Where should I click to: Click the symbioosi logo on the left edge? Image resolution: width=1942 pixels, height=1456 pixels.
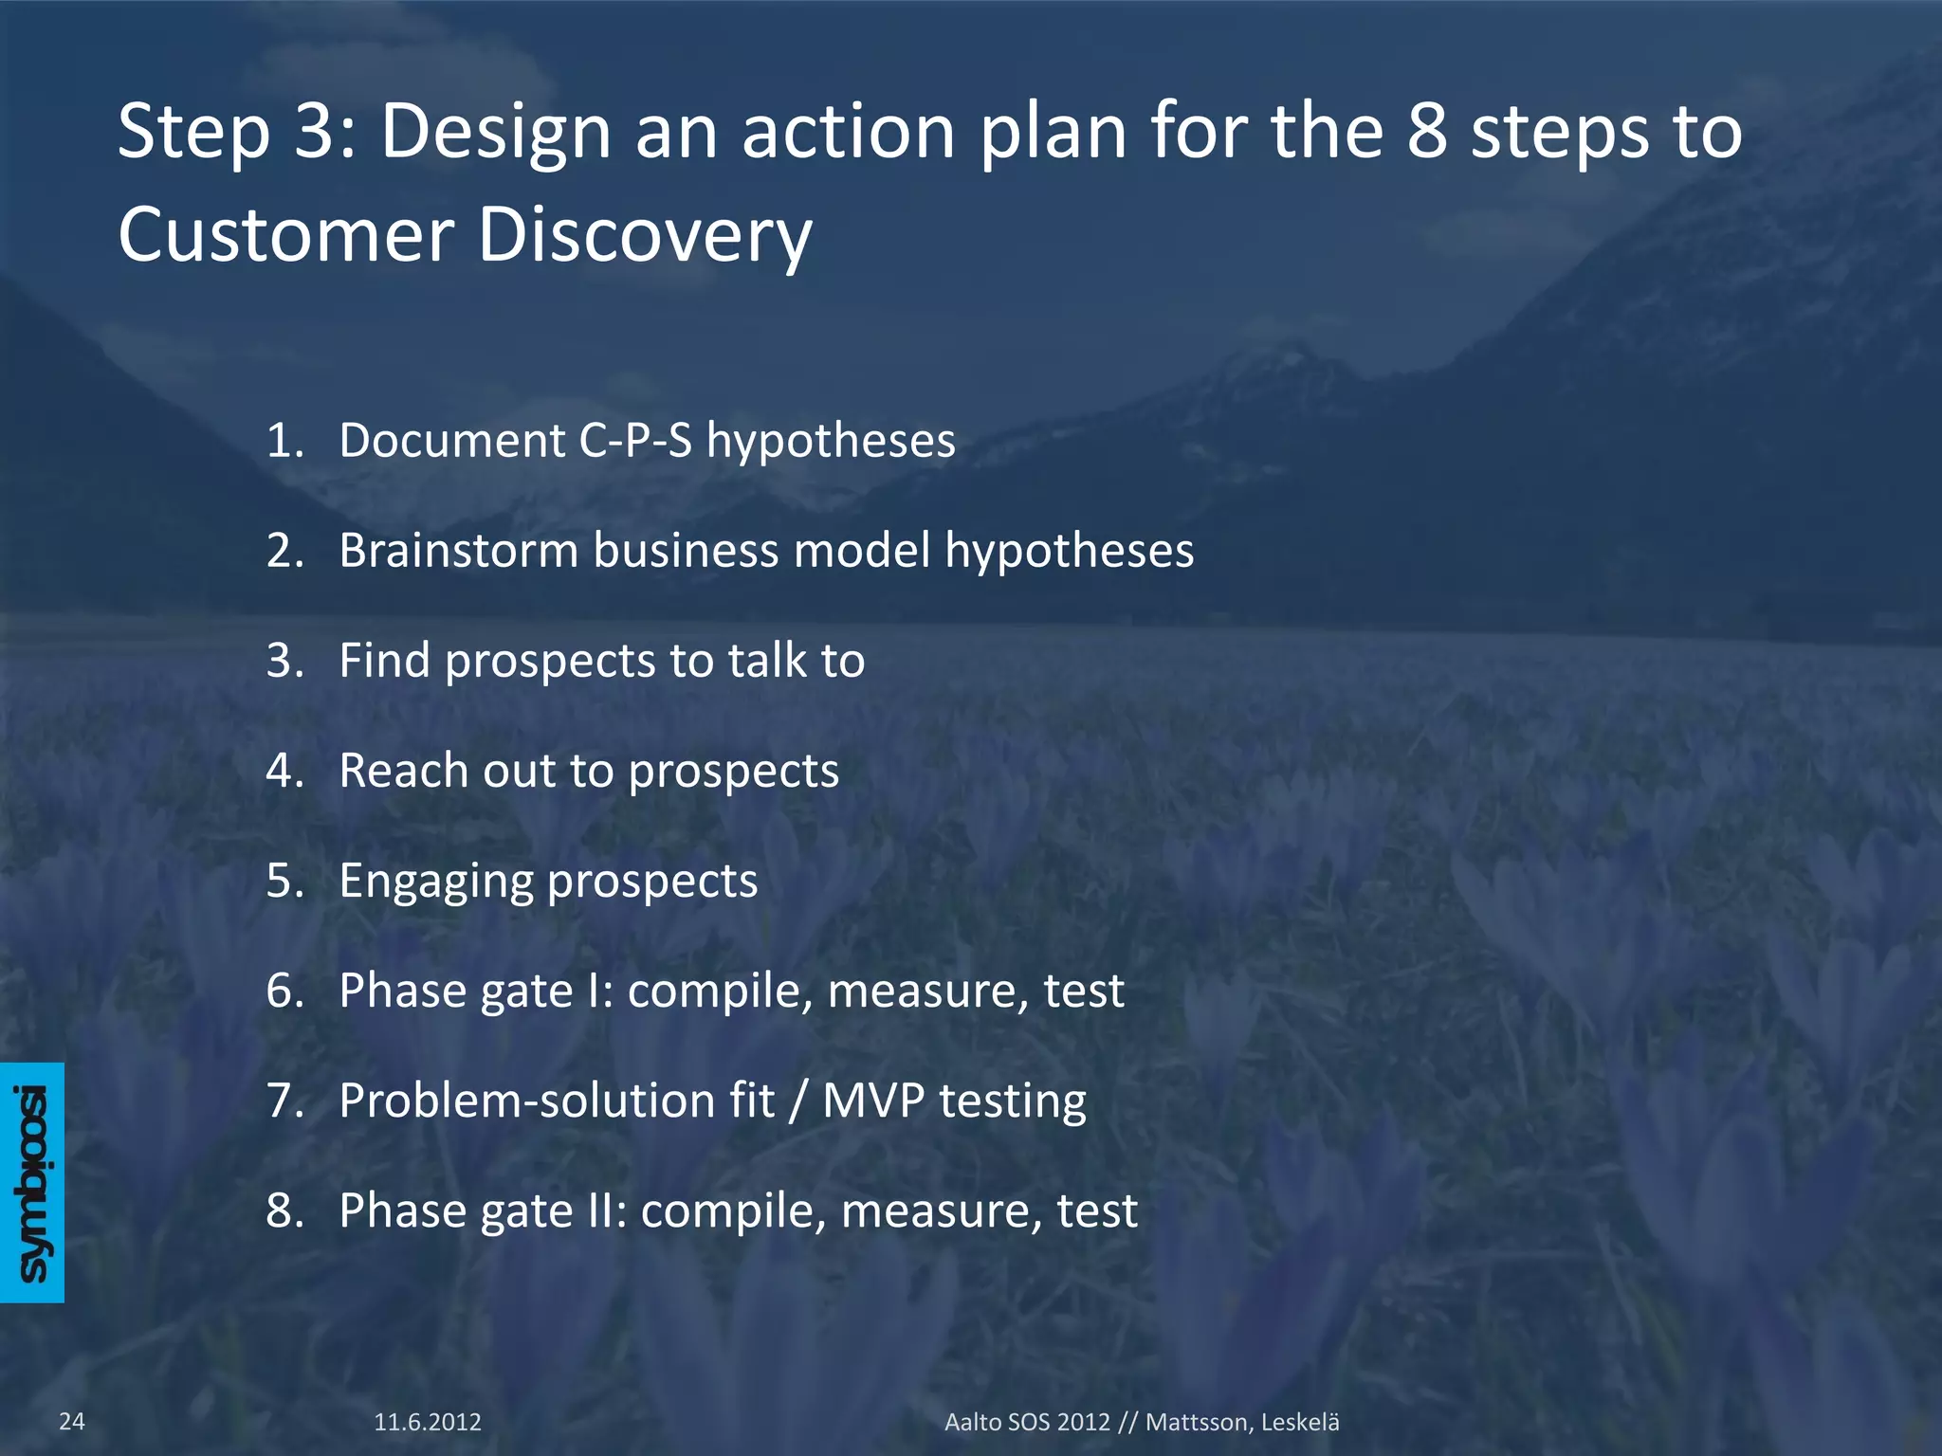32,1182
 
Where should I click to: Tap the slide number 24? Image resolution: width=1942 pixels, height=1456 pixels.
72,1421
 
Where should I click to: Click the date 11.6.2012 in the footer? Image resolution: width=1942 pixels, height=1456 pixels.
428,1422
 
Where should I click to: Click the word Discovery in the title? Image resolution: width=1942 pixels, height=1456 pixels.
645,234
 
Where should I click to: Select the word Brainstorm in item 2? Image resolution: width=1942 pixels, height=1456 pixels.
459,550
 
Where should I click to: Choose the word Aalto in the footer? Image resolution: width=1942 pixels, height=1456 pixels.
973,1422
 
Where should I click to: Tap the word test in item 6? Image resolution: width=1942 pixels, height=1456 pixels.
1084,991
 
